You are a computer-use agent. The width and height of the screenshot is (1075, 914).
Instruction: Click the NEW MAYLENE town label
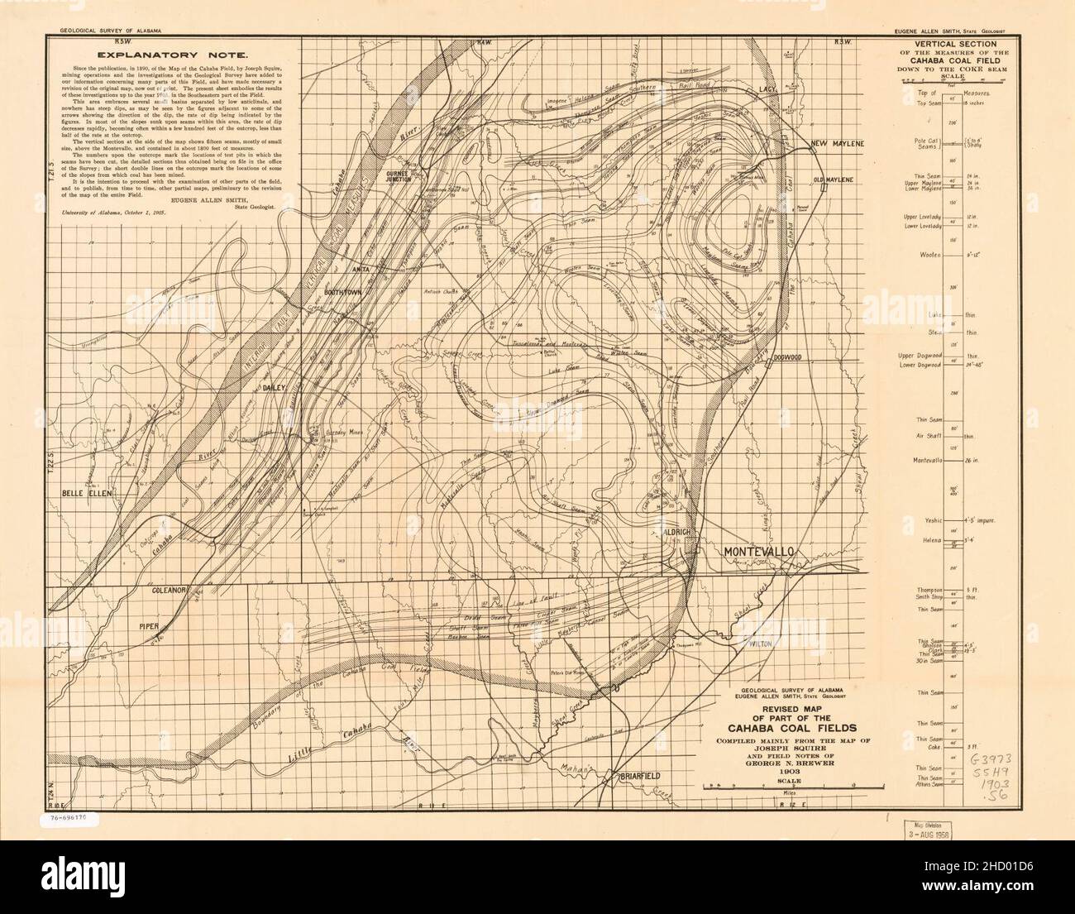point(838,144)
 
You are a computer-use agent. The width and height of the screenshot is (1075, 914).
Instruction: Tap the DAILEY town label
point(274,386)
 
